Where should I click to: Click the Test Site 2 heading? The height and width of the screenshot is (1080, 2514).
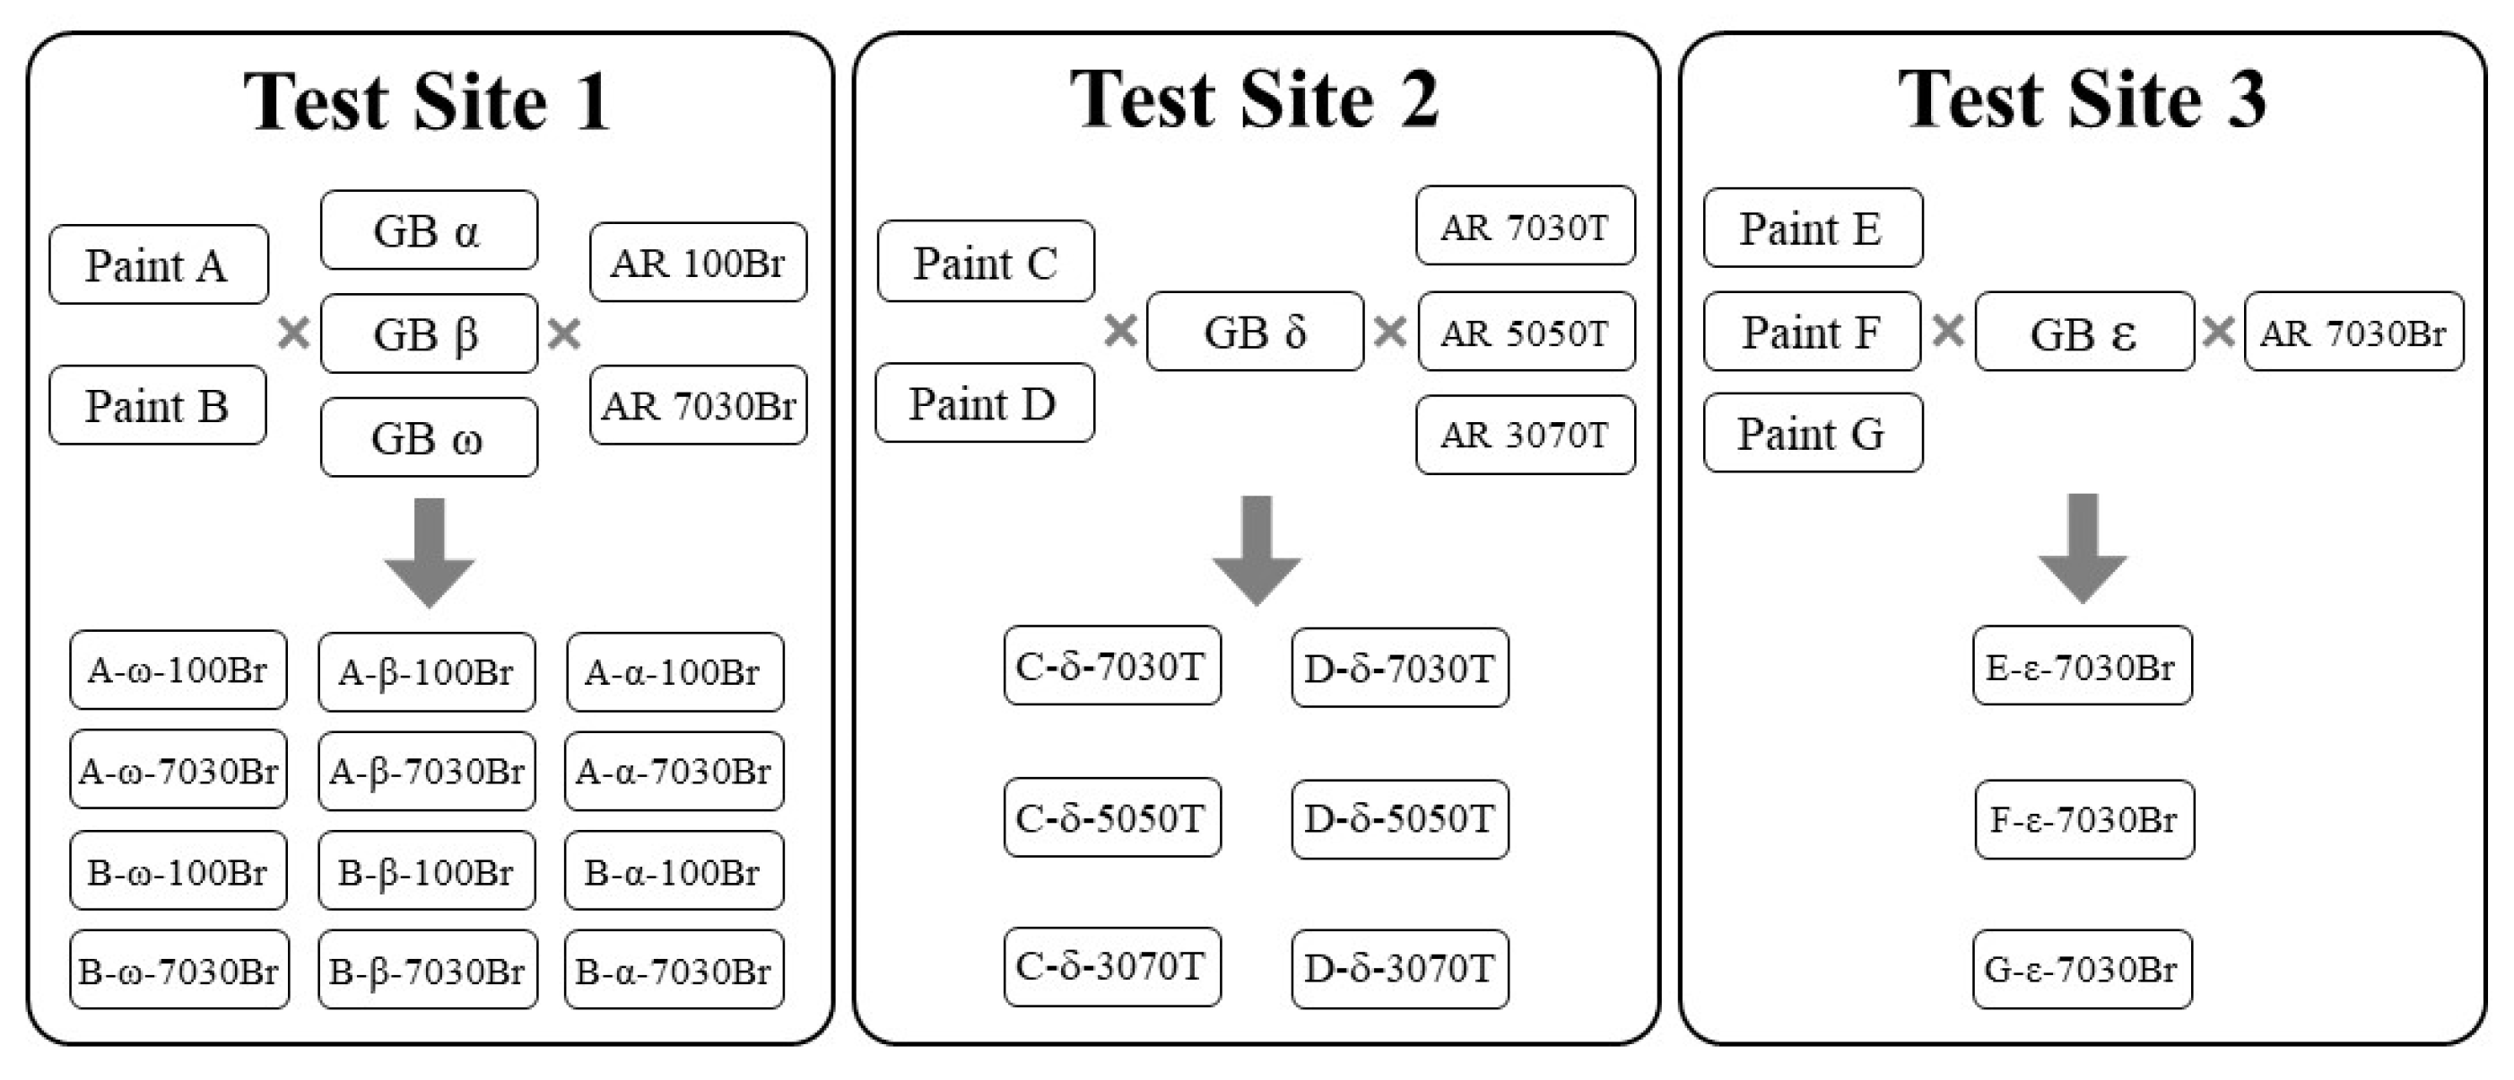tap(1255, 100)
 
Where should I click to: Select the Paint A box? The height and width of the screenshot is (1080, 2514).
tap(158, 264)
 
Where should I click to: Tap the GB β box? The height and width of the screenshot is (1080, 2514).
tap(429, 333)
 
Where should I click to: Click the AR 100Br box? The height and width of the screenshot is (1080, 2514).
tap(698, 263)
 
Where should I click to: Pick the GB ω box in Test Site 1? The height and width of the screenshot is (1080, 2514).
tap(429, 437)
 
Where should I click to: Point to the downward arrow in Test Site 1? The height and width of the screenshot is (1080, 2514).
tap(430, 551)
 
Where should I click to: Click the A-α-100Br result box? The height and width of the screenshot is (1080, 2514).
tap(674, 672)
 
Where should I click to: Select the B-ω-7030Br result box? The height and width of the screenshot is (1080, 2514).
tap(178, 970)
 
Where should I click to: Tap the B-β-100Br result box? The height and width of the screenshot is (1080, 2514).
tap(427, 871)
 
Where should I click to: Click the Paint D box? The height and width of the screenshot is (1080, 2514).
tap(984, 403)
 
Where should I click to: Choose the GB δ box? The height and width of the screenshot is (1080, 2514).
tap(1255, 332)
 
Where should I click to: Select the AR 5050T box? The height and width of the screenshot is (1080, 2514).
tap(1526, 332)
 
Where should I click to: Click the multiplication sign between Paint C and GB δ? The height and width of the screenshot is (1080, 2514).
tap(1120, 331)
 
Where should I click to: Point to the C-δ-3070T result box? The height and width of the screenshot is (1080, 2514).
tap(1111, 967)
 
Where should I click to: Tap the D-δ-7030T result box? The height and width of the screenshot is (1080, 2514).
tap(1399, 669)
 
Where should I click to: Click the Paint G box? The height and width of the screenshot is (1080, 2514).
tap(1813, 433)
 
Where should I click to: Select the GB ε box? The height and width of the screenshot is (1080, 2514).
tap(2083, 333)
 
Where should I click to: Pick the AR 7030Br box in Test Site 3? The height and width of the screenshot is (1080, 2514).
tap(2353, 332)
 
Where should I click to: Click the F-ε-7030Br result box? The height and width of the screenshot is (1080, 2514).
tap(2083, 819)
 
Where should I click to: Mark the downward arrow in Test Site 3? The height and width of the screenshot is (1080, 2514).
tap(2083, 549)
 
